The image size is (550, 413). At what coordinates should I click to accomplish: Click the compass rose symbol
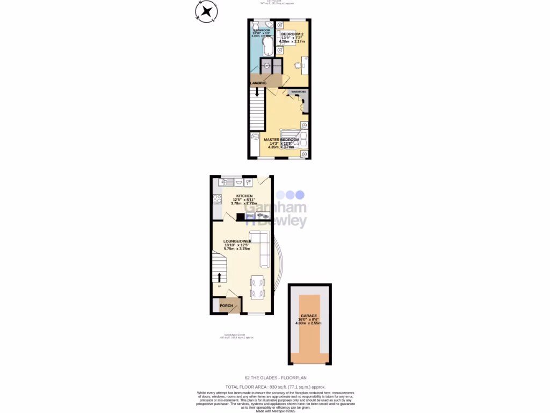coord(206,11)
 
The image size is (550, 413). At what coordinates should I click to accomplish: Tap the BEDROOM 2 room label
coord(292,34)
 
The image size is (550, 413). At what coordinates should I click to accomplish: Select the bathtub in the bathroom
coord(266,45)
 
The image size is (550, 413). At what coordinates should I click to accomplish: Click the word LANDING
coord(258,83)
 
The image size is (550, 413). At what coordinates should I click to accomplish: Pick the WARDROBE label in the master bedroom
coord(299,92)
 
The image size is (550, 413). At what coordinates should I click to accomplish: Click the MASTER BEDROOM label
coord(281,140)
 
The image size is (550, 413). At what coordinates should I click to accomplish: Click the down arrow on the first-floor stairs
coord(257,92)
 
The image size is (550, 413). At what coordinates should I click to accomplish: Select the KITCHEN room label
coord(237,196)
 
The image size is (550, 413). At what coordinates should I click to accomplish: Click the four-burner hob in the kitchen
coord(218,198)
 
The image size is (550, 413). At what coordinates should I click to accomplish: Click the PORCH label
coord(227,305)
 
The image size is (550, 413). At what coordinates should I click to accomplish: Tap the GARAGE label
coord(309,316)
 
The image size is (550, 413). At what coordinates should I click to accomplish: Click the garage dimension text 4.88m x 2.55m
coord(309,323)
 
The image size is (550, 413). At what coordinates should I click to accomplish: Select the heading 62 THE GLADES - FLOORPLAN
coord(275,378)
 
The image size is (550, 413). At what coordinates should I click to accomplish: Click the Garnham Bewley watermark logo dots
coord(290,195)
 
